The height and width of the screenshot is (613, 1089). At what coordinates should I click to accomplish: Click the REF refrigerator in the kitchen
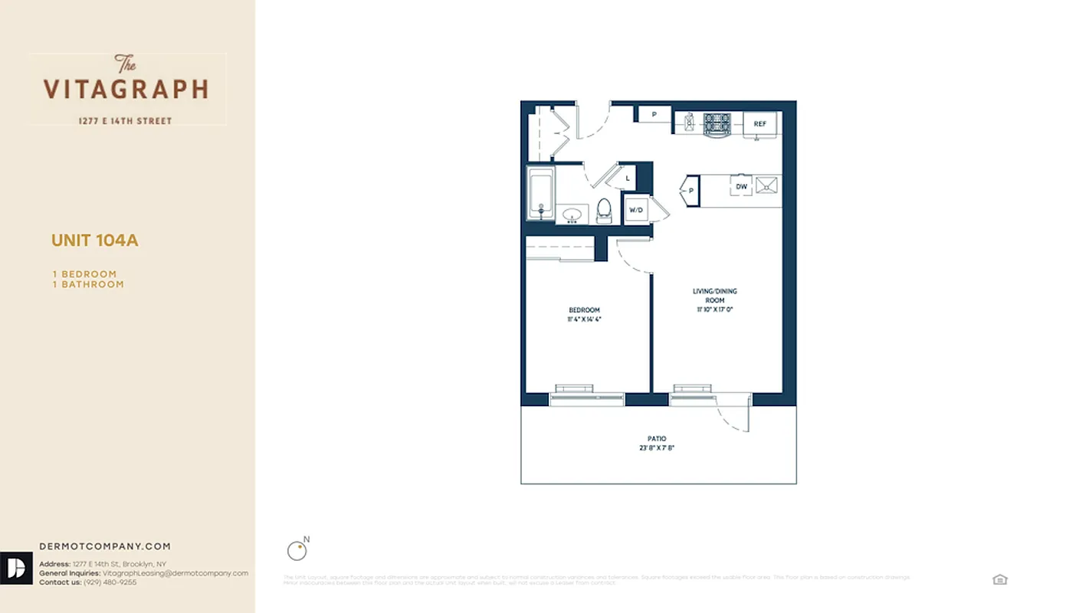point(760,124)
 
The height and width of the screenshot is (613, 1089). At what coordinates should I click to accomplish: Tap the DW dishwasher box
point(741,186)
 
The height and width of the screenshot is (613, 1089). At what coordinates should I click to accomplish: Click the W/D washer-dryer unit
point(636,209)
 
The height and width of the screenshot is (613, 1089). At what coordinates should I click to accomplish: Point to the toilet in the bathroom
point(604,210)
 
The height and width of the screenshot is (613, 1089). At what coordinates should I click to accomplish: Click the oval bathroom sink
point(572,214)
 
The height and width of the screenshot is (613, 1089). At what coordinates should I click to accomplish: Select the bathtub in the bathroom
point(540,193)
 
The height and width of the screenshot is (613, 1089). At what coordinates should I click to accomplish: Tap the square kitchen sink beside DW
point(766,185)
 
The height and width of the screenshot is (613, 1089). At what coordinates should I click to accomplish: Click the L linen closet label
point(628,179)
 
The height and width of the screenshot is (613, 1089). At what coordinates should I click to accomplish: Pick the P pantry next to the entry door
point(654,115)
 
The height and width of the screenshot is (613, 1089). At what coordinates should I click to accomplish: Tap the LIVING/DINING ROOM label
point(714,296)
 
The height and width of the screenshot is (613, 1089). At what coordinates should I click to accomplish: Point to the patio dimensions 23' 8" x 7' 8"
point(656,448)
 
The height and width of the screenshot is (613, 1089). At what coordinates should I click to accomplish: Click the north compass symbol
point(296,550)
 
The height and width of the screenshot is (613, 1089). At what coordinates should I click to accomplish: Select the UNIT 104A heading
point(95,241)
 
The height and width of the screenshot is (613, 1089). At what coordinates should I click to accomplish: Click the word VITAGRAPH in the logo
point(126,90)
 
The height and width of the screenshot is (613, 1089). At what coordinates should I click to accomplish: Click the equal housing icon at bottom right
point(999,579)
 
